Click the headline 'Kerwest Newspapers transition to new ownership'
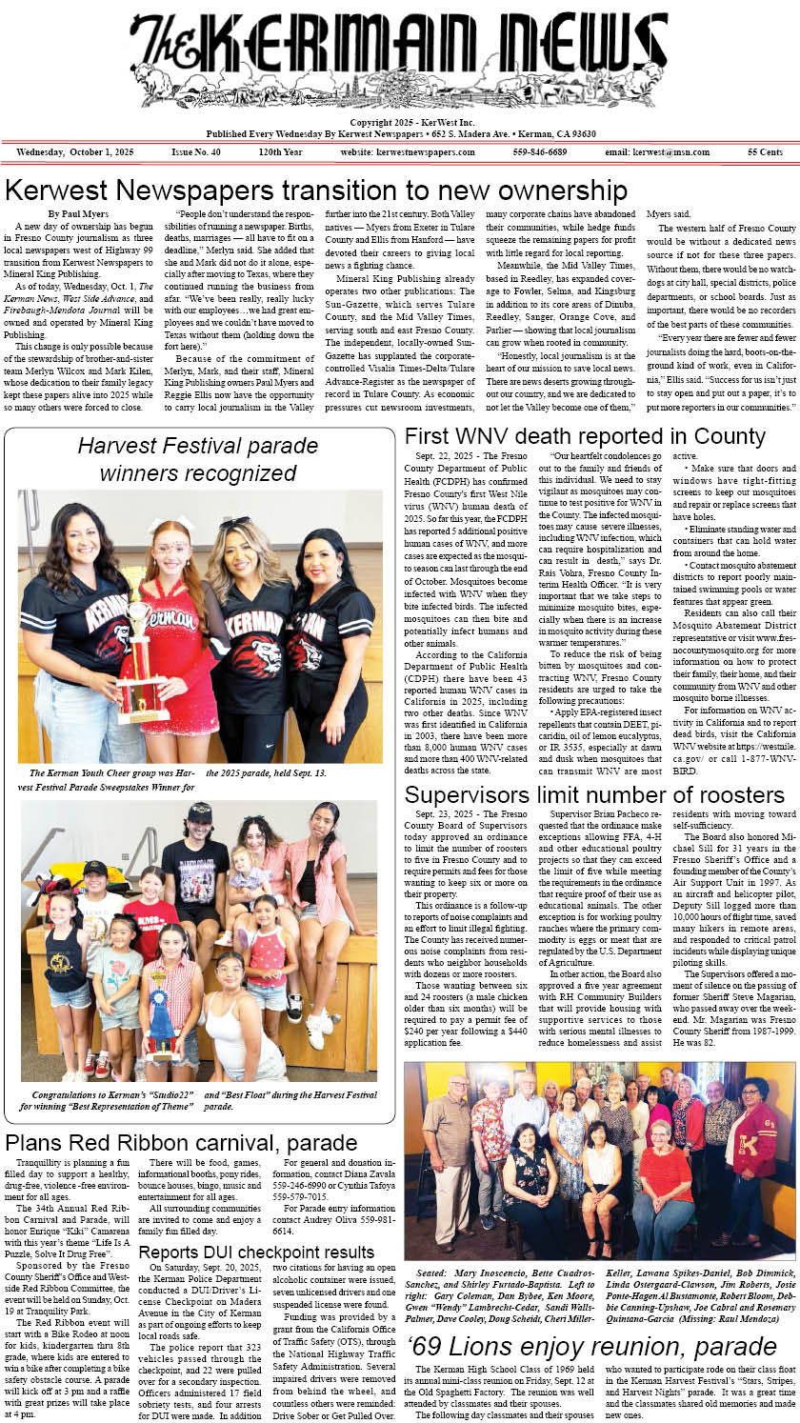pos(315,189)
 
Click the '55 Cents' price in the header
pos(765,152)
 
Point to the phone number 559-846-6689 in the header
pos(539,152)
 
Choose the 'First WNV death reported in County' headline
pos(585,437)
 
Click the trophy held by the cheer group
pos(141,657)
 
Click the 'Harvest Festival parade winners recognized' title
pos(198,458)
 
